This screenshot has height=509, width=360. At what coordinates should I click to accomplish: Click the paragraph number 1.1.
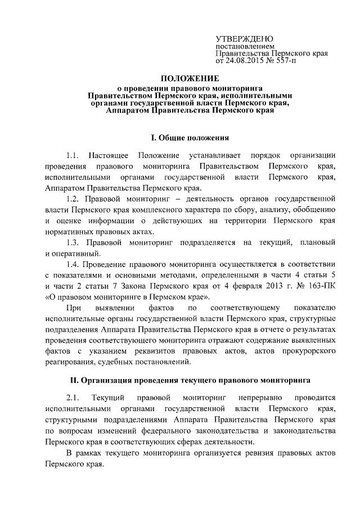pyautogui.click(x=74, y=155)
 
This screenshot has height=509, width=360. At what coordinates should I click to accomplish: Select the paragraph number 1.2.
pyautogui.click(x=74, y=199)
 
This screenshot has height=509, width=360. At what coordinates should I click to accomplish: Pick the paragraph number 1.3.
pyautogui.click(x=74, y=243)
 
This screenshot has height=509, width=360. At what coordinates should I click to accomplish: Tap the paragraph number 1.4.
pyautogui.click(x=74, y=264)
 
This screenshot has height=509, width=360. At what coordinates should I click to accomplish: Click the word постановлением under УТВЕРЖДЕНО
pyautogui.click(x=245, y=45)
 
